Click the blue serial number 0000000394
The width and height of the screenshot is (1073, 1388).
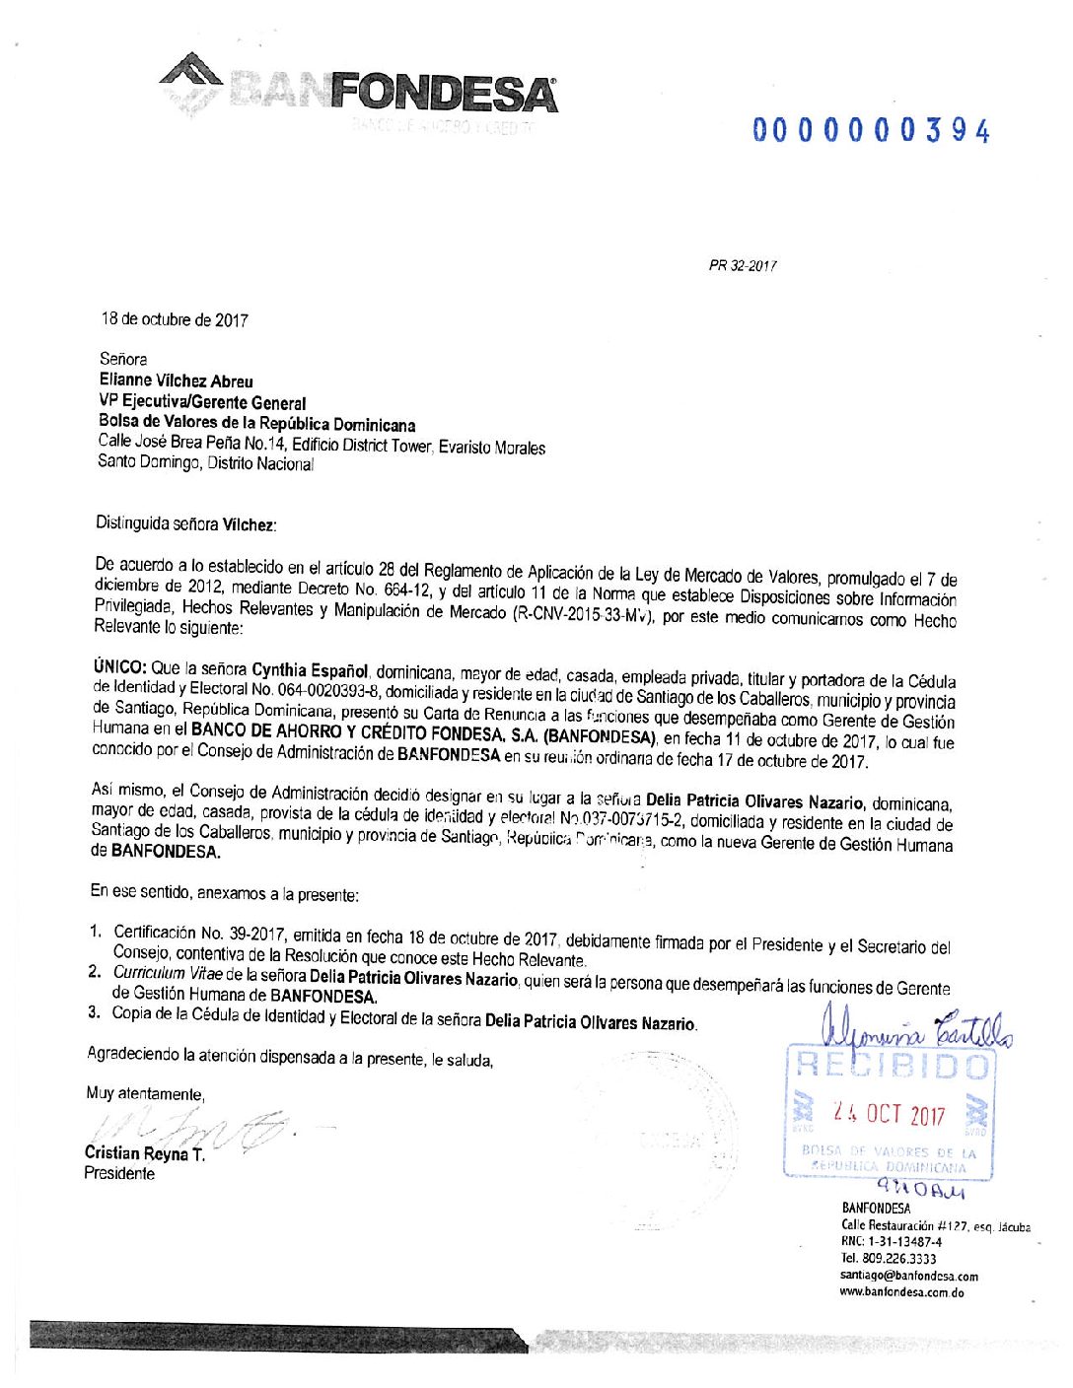tap(871, 130)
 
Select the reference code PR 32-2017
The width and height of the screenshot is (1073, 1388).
tap(743, 265)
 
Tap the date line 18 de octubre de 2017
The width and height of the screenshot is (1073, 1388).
tap(175, 319)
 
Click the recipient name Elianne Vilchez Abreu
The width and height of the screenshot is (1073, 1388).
tap(176, 381)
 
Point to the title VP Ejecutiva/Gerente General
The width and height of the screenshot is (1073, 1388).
tap(202, 402)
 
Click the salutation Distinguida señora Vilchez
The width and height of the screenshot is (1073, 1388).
tap(185, 523)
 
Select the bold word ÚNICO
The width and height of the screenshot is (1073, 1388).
tap(119, 666)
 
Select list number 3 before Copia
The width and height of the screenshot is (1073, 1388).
tap(94, 1011)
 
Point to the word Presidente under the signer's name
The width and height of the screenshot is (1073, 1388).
tap(119, 1173)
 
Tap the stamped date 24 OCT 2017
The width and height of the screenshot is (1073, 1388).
tap(889, 1114)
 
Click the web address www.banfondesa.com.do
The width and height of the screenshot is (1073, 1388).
tap(901, 1292)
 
